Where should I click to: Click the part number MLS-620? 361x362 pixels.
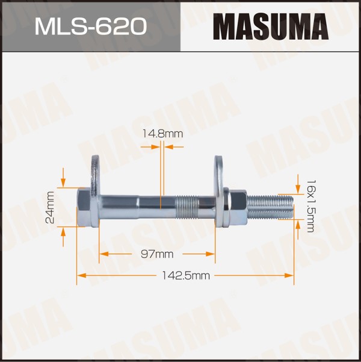[91, 27]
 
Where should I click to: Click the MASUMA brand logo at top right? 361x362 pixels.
[271, 27]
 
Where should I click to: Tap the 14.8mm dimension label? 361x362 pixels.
[162, 134]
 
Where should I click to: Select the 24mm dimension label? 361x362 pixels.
[50, 208]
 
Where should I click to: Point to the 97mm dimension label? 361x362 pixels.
[157, 254]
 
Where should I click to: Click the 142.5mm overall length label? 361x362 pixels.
[186, 276]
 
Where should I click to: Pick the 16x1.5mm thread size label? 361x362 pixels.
[310, 206]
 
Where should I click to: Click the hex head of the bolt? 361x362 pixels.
[83, 207]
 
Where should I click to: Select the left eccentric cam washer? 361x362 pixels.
[95, 189]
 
